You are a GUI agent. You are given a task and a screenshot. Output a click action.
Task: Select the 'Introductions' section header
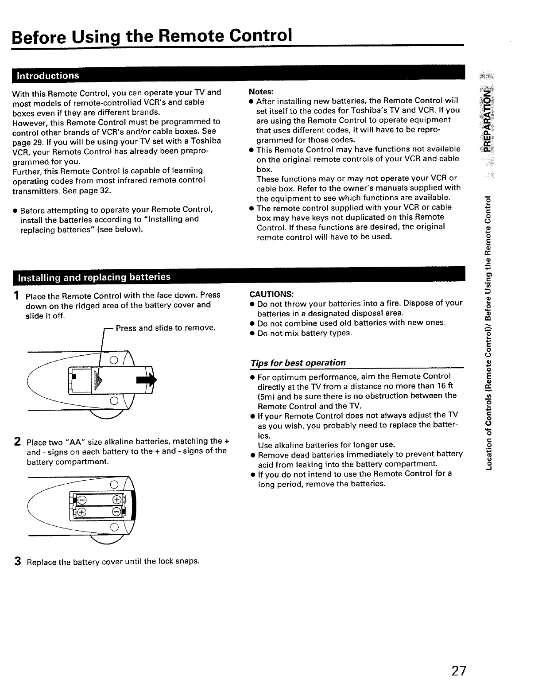[48, 75]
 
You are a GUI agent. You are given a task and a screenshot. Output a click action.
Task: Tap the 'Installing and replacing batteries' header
[93, 277]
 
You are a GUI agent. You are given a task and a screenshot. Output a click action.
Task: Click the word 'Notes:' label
[261, 92]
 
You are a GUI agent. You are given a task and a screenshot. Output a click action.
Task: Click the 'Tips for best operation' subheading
[298, 363]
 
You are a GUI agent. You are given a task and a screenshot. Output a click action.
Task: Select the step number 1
[16, 295]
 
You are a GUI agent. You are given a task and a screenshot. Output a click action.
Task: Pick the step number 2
[17, 442]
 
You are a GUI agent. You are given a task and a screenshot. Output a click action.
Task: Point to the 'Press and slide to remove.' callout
[166, 328]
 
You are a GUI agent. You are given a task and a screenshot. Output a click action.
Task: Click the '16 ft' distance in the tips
[444, 386]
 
